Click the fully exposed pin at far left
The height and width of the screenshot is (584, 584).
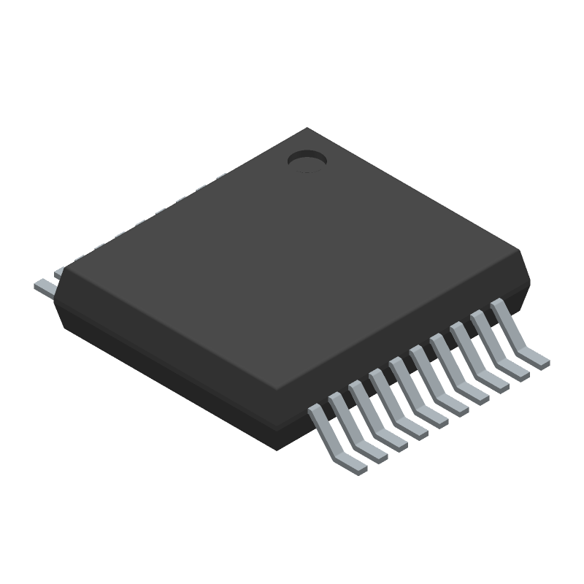(x=45, y=286)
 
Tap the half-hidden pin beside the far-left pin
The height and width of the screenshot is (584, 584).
(x=58, y=272)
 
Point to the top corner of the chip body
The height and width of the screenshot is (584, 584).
(x=307, y=129)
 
